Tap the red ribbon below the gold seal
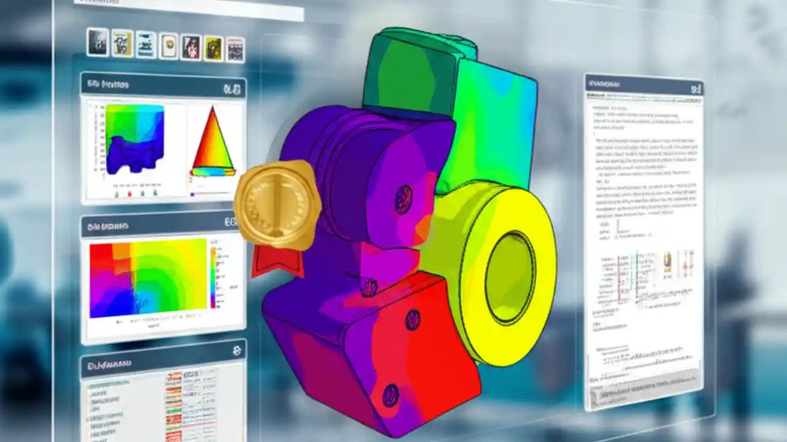coord(277,262)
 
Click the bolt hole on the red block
coord(413,319)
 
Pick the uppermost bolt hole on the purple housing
coord(403,199)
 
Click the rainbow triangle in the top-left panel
coord(213,141)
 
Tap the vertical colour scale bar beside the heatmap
coord(213,276)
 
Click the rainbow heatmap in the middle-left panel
coord(148,279)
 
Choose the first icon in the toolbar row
coord(97,41)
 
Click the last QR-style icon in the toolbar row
coord(235,50)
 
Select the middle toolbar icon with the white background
coord(168,46)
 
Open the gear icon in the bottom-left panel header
coord(237,351)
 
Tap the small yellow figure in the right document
coord(667,263)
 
